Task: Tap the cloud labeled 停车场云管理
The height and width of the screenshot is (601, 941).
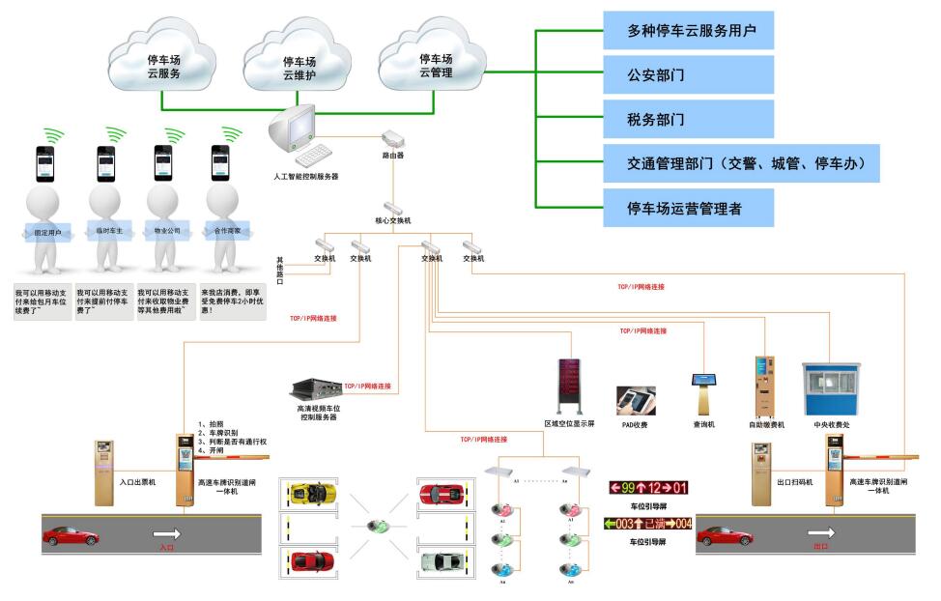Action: [x=436, y=64]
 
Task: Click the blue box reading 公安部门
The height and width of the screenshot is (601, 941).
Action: [x=688, y=74]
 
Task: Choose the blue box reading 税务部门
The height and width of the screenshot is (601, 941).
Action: [x=688, y=119]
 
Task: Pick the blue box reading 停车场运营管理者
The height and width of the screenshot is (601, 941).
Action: [x=688, y=208]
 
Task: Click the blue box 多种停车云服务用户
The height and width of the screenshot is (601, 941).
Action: [x=688, y=31]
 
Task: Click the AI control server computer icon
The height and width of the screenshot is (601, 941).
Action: [x=295, y=135]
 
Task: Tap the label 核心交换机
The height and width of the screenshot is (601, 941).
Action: [x=393, y=221]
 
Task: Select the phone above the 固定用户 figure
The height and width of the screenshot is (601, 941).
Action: [x=45, y=162]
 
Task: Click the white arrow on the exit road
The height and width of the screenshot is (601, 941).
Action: [x=822, y=532]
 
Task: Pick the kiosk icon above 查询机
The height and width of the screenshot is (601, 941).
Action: [x=702, y=392]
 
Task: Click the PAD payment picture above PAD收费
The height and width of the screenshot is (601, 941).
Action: [x=636, y=400]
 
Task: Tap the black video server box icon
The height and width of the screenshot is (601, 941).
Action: [x=316, y=389]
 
